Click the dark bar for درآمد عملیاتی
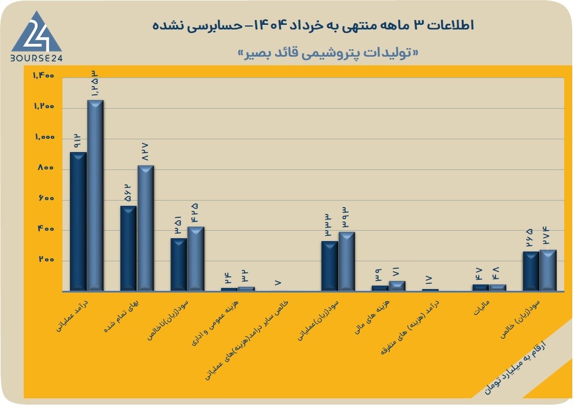[78, 221]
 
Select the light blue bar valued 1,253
[95, 195]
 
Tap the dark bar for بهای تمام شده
[128, 249]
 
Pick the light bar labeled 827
[145, 228]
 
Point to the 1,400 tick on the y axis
[44, 75]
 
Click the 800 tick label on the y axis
[46, 168]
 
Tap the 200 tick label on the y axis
[46, 260]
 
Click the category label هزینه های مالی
[372, 317]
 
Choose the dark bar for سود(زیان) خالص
[531, 271]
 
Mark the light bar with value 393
[346, 261]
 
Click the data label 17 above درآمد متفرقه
[429, 280]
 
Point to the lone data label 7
[278, 283]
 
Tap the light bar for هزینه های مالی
[397, 286]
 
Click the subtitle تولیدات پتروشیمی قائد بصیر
[328, 53]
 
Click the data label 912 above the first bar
[77, 141]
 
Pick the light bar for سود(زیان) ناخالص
[196, 259]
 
